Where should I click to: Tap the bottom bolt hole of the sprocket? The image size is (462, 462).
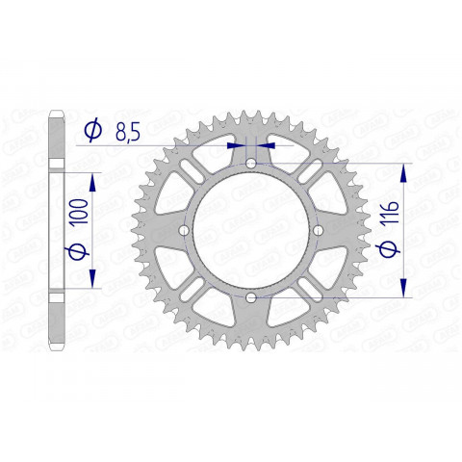251,299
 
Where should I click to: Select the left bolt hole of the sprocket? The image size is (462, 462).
184,232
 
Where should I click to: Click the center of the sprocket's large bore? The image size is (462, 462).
251,232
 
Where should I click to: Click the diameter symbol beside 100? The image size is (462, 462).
81,253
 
